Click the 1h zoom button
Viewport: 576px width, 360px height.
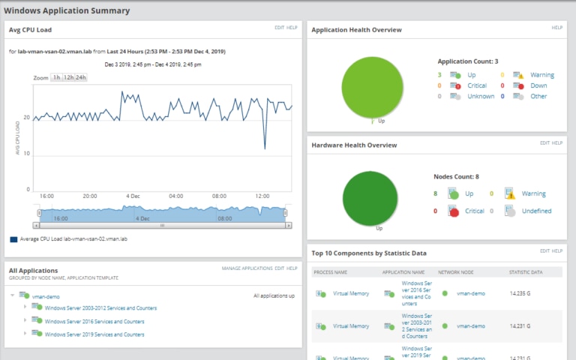pyautogui.click(x=56, y=78)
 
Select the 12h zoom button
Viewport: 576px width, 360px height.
pyautogui.click(x=68, y=78)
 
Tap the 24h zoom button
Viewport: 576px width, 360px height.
pyautogui.click(x=80, y=78)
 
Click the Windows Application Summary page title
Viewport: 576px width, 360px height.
pyautogui.click(x=67, y=10)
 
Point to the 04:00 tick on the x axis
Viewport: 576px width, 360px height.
pyautogui.click(x=176, y=196)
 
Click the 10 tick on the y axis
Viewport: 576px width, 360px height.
pyautogui.click(x=27, y=154)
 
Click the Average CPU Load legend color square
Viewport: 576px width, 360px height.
pyautogui.click(x=13, y=240)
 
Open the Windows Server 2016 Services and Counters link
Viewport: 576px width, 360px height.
pyautogui.click(x=94, y=321)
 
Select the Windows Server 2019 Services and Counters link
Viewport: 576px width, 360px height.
pyautogui.click(x=94, y=334)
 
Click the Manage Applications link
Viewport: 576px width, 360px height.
pyautogui.click(x=247, y=268)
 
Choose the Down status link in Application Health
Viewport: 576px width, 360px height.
pyautogui.click(x=538, y=85)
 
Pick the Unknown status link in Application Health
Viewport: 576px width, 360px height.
pyautogui.click(x=481, y=96)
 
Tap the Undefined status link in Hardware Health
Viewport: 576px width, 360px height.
pyautogui.click(x=536, y=211)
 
